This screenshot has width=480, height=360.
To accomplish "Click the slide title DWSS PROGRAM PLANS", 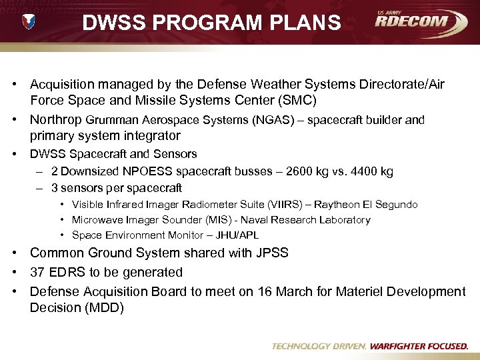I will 211,23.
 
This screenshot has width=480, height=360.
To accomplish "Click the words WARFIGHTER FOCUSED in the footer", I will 419,347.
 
